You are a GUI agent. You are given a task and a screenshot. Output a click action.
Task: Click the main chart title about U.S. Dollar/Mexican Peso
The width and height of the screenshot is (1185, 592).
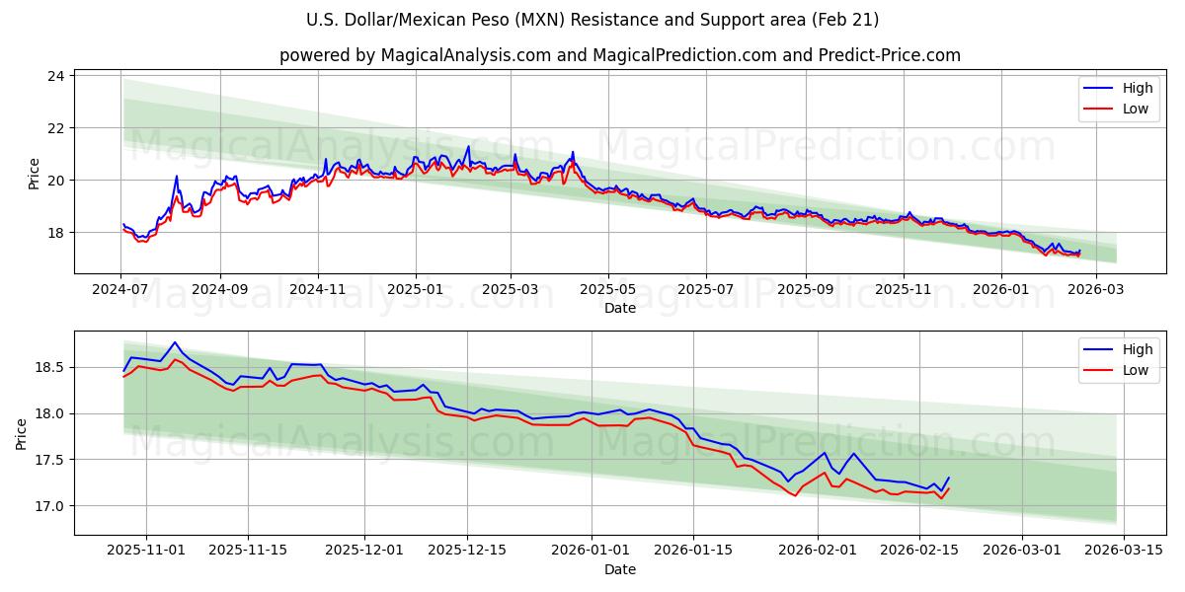592,20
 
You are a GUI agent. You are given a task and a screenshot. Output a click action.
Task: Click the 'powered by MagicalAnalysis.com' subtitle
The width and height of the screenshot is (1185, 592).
619,55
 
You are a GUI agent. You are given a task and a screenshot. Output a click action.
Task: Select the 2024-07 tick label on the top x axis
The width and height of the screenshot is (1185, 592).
121,290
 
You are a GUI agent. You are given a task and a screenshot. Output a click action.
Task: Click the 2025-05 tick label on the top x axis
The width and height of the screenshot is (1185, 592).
607,290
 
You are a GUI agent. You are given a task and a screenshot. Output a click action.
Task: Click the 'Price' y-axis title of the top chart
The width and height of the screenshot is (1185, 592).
34,174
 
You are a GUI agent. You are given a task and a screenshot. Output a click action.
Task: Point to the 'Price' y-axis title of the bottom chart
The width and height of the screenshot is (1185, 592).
22,434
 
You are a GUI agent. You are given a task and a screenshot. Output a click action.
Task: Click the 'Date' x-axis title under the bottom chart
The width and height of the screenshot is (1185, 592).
619,569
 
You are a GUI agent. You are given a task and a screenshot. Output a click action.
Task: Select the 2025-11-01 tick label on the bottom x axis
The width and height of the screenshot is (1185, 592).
146,551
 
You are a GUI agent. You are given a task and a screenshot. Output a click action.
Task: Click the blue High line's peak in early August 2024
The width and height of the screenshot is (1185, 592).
177,177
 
